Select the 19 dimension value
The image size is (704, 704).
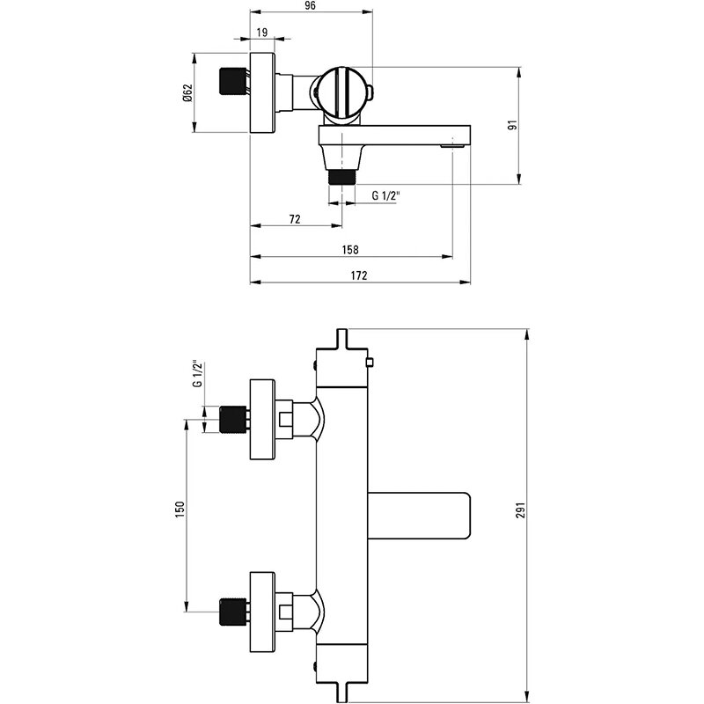coord(261,32)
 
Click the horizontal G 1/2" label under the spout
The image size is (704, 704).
coord(385,194)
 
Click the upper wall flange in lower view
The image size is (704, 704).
coord(262,420)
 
